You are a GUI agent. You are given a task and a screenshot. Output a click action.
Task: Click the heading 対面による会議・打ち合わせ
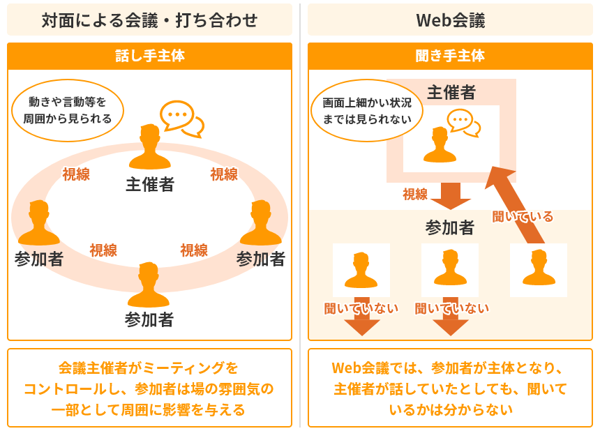click(149, 20)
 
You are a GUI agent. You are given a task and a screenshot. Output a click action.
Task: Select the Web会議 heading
click(450, 20)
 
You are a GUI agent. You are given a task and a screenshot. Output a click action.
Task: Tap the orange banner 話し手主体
click(149, 56)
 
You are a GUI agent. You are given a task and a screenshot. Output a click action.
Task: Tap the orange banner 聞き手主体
click(450, 56)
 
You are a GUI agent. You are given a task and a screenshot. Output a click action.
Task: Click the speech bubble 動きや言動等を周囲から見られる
click(68, 110)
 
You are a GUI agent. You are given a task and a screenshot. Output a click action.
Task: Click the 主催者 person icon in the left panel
click(149, 147)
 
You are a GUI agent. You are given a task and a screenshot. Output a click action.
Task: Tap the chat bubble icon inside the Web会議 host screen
click(463, 121)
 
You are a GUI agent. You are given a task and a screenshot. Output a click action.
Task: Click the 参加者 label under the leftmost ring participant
click(38, 259)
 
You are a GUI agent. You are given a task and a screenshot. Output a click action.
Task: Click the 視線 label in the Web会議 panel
click(415, 194)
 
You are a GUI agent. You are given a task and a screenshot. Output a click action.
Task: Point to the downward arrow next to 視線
click(451, 195)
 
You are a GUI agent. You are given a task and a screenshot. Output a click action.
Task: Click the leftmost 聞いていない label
click(361, 308)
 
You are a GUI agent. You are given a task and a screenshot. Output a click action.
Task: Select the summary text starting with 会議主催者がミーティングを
click(149, 388)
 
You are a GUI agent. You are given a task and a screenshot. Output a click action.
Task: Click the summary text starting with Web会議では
click(450, 388)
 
